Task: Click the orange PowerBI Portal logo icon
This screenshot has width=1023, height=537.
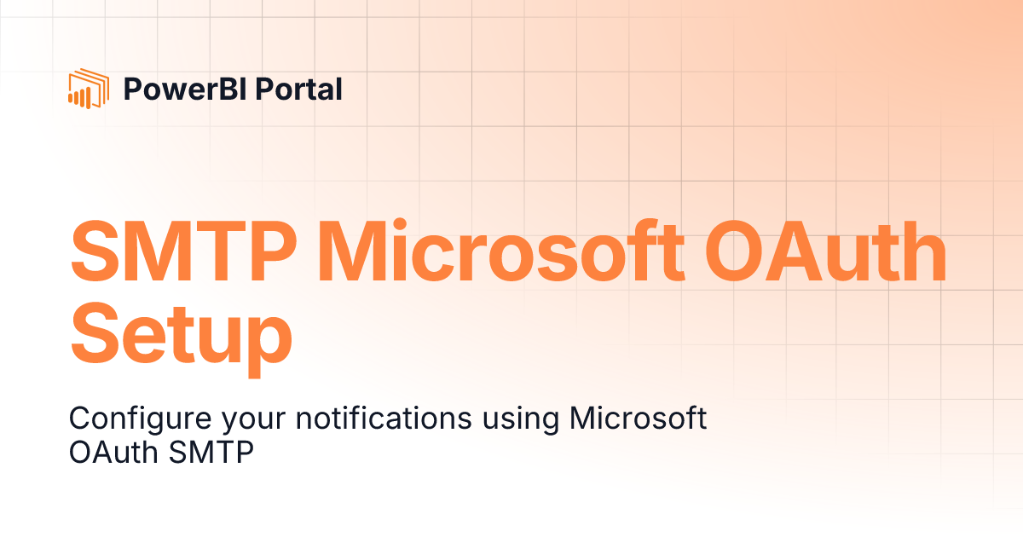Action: coord(88,89)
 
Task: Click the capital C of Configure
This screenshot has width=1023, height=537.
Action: coord(79,419)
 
